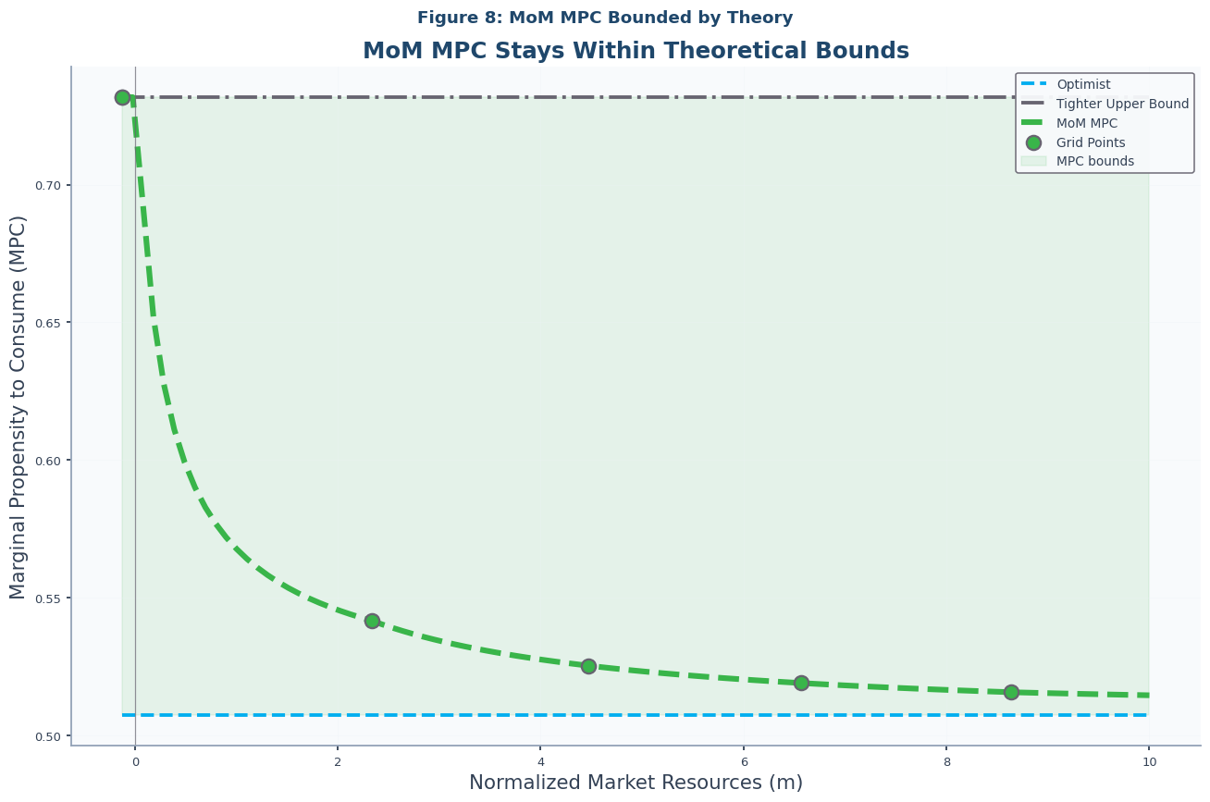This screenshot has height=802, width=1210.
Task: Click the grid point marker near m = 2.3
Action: tap(372, 621)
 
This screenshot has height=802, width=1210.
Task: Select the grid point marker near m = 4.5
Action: tap(588, 666)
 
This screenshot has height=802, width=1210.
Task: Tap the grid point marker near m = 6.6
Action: tap(801, 683)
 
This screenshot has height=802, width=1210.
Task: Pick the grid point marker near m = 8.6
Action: tap(1011, 692)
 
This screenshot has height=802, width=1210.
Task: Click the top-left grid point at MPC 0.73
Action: tap(122, 97)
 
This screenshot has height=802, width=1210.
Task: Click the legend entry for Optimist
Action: tap(1083, 84)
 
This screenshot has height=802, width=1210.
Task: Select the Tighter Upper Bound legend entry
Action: tap(1122, 104)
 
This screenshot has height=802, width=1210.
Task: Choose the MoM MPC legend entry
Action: tap(1086, 123)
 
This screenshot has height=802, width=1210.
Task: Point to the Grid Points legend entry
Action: tap(1091, 142)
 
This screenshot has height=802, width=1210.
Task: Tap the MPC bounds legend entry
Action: tap(1094, 161)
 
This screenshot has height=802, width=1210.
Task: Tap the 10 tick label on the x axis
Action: tap(1149, 761)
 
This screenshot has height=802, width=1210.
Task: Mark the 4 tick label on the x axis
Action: tap(540, 761)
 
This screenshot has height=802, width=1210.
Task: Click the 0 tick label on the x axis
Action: tap(135, 761)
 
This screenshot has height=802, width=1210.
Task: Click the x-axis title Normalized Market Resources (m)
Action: tap(636, 783)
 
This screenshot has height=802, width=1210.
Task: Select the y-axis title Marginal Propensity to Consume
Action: tap(19, 407)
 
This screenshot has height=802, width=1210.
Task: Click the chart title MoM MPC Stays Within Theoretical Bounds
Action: tap(636, 51)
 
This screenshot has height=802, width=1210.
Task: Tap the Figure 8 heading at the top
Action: tap(605, 18)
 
